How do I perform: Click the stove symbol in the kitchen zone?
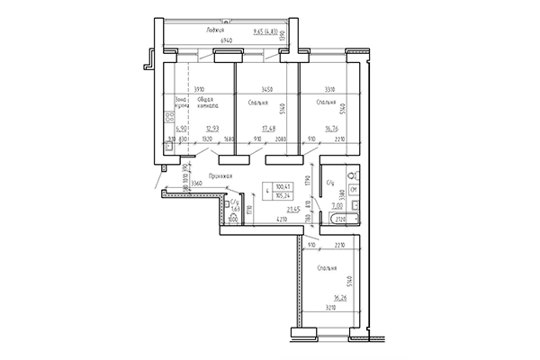click(x=167, y=115)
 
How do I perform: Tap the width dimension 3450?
click(x=265, y=90)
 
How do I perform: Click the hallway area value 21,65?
click(x=266, y=209)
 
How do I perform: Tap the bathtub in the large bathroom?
click(x=346, y=219)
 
